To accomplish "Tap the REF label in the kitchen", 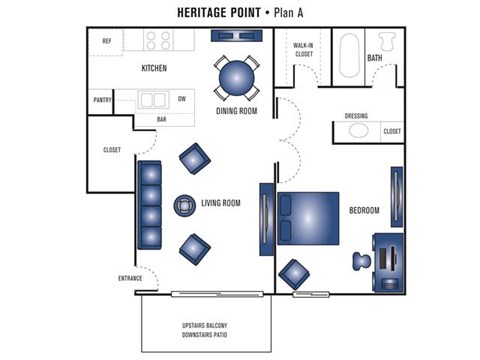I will (106, 41).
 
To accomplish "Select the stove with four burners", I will (158, 41).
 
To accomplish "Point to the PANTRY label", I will (102, 100).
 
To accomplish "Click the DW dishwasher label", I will (182, 99).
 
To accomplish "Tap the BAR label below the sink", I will (162, 119).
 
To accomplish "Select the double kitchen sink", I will (153, 99).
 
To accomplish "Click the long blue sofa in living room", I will (148, 204).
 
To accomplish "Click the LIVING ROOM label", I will (221, 203).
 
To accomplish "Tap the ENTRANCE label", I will (130, 278).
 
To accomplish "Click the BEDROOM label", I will (364, 210).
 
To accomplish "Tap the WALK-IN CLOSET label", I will (303, 50).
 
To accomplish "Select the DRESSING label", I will (356, 116).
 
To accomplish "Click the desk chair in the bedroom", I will (360, 260).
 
